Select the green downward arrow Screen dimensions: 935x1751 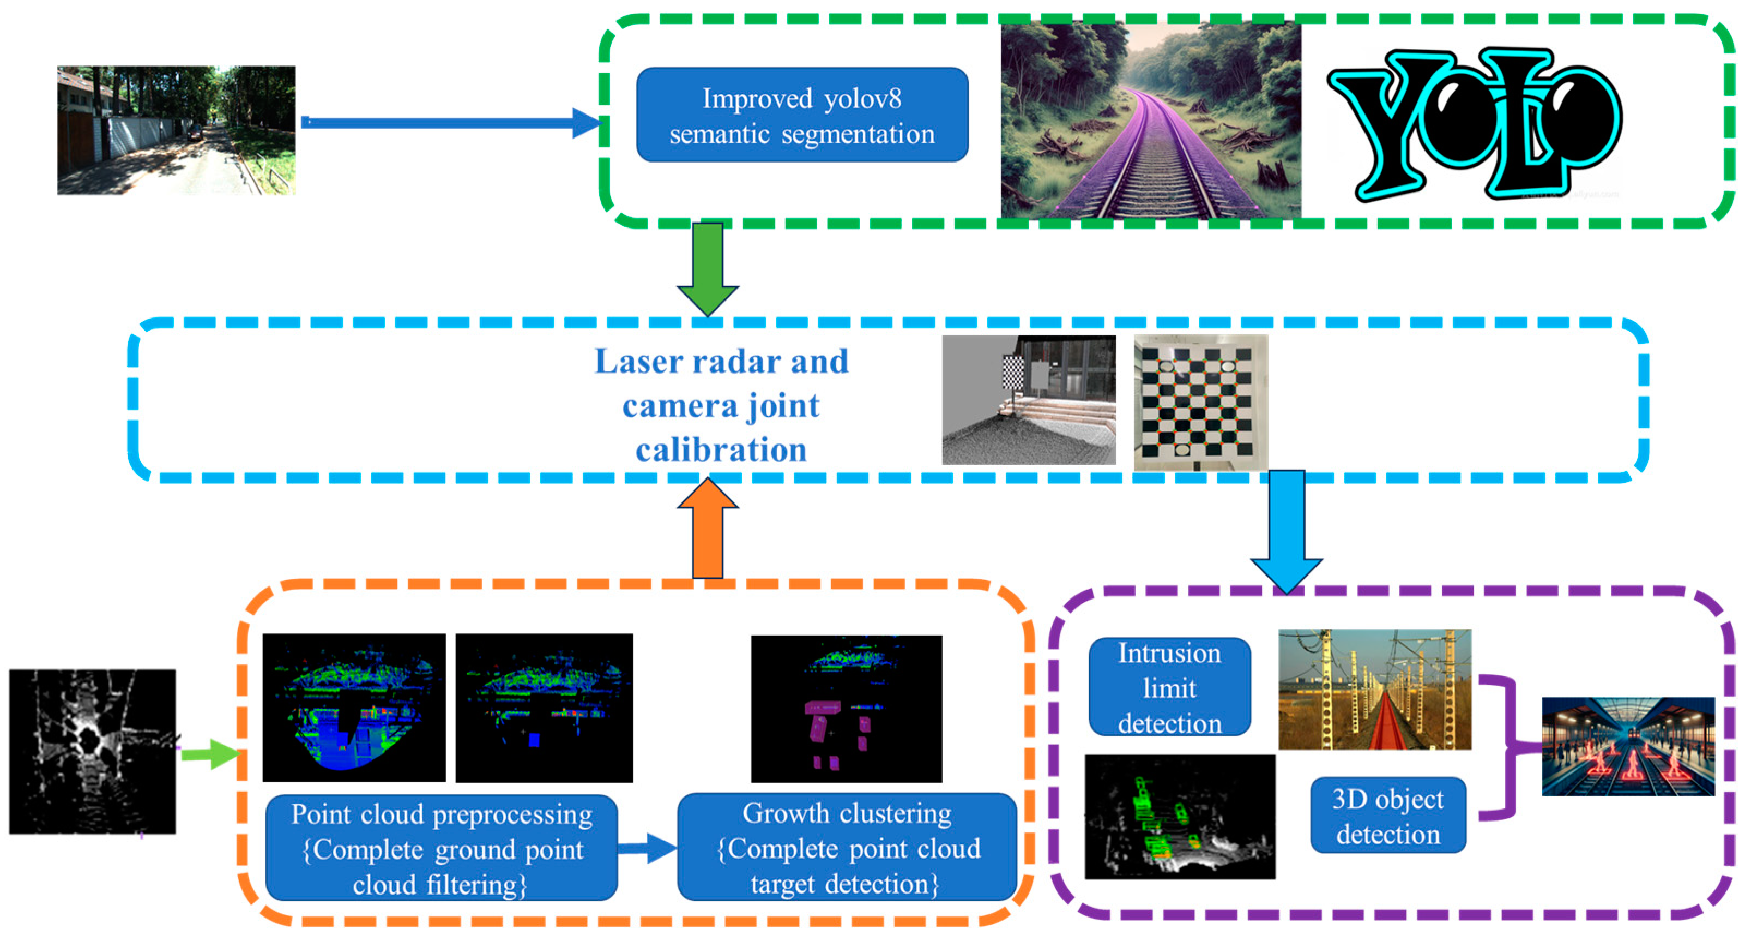pyautogui.click(x=708, y=268)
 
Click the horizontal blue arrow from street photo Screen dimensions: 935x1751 pyautogui.click(x=449, y=122)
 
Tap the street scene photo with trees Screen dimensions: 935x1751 pyautogui.click(x=176, y=130)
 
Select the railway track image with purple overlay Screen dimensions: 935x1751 pyautogui.click(x=1150, y=121)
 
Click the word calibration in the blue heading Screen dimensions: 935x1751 pyautogui.click(x=721, y=450)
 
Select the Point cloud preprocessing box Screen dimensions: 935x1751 pyautogui.click(x=441, y=848)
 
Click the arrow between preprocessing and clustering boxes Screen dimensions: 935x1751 pyautogui.click(x=647, y=847)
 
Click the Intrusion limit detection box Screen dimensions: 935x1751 pyautogui.click(x=1169, y=687)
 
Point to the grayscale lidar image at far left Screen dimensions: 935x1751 pyautogui.click(x=93, y=751)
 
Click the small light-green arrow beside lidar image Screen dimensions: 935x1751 pyautogui.click(x=211, y=754)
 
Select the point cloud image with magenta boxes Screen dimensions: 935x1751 pyautogui.click(x=846, y=709)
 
